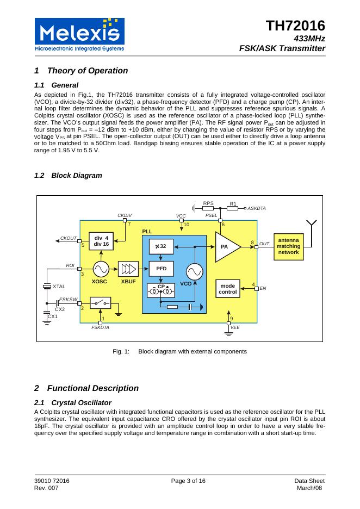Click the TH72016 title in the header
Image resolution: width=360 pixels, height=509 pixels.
295,26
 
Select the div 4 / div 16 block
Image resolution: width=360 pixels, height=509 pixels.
101,241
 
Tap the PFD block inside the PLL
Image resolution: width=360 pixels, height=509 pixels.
161,269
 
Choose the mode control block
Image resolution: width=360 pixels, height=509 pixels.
227,288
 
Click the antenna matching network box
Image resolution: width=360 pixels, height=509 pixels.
288,246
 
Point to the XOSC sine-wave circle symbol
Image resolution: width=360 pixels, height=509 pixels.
101,269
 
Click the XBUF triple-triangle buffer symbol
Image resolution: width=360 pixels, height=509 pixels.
129,269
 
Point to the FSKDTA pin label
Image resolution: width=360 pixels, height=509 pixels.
100,328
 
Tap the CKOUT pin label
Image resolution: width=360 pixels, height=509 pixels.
69,238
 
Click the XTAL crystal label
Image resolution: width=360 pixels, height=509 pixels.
59,287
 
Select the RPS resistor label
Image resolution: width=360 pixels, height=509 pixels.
208,203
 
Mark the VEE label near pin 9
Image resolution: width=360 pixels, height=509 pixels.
235,328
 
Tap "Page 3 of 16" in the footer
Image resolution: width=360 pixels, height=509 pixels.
188,481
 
